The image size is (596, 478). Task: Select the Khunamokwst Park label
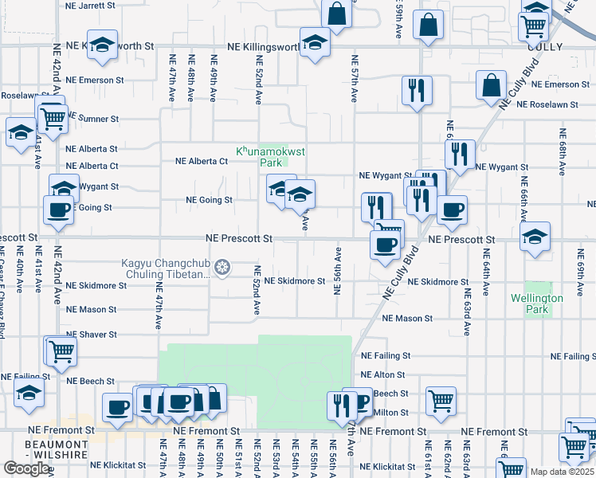(260, 156)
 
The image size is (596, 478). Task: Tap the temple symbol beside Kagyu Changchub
(223, 266)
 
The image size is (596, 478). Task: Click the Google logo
(25, 468)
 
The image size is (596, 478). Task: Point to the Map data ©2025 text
(563, 472)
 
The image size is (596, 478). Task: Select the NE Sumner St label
(92, 119)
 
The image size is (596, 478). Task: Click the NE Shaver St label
(92, 335)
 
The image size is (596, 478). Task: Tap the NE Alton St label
(383, 374)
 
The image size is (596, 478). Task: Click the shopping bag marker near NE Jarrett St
(336, 13)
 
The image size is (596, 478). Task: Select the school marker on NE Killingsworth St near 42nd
(102, 45)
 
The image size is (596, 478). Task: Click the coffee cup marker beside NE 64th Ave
(452, 210)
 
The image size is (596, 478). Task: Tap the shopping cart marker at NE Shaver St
(60, 350)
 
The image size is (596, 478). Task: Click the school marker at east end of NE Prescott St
(534, 237)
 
